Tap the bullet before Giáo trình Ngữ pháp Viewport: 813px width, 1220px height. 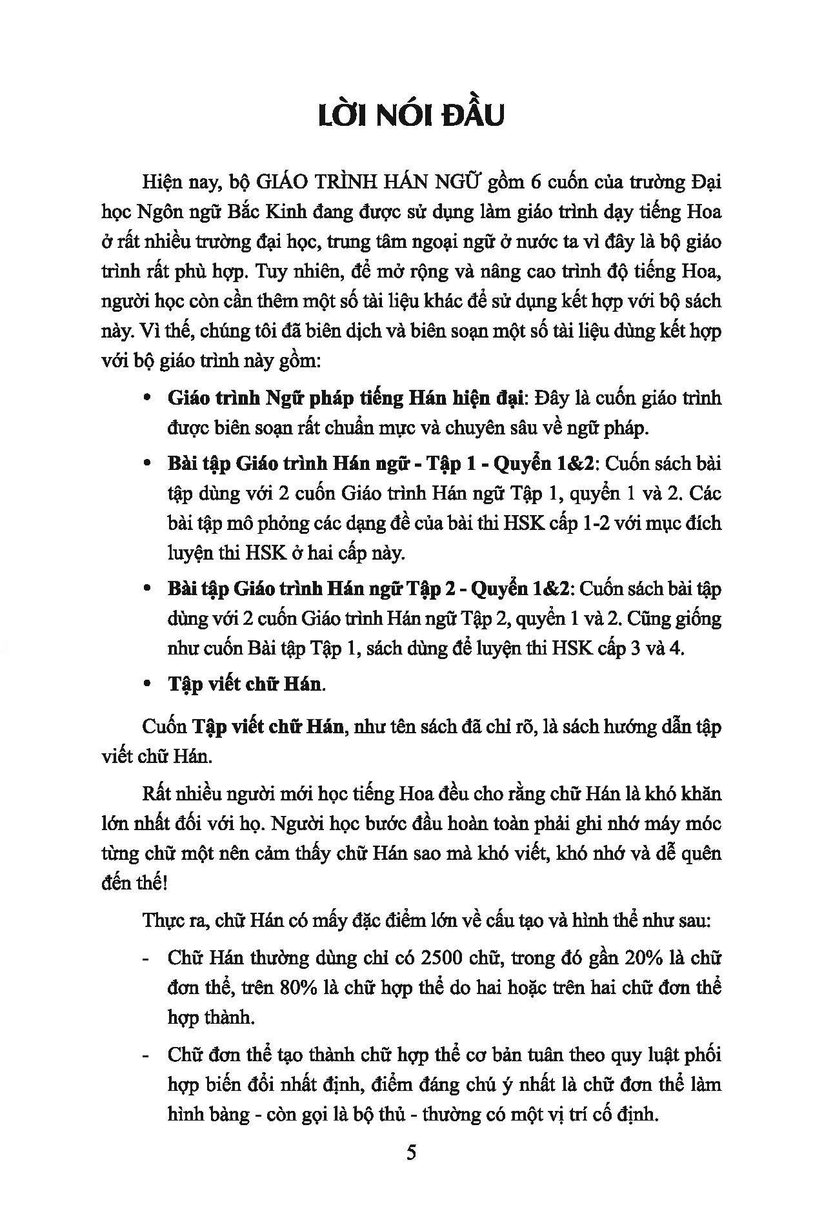[147, 398]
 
